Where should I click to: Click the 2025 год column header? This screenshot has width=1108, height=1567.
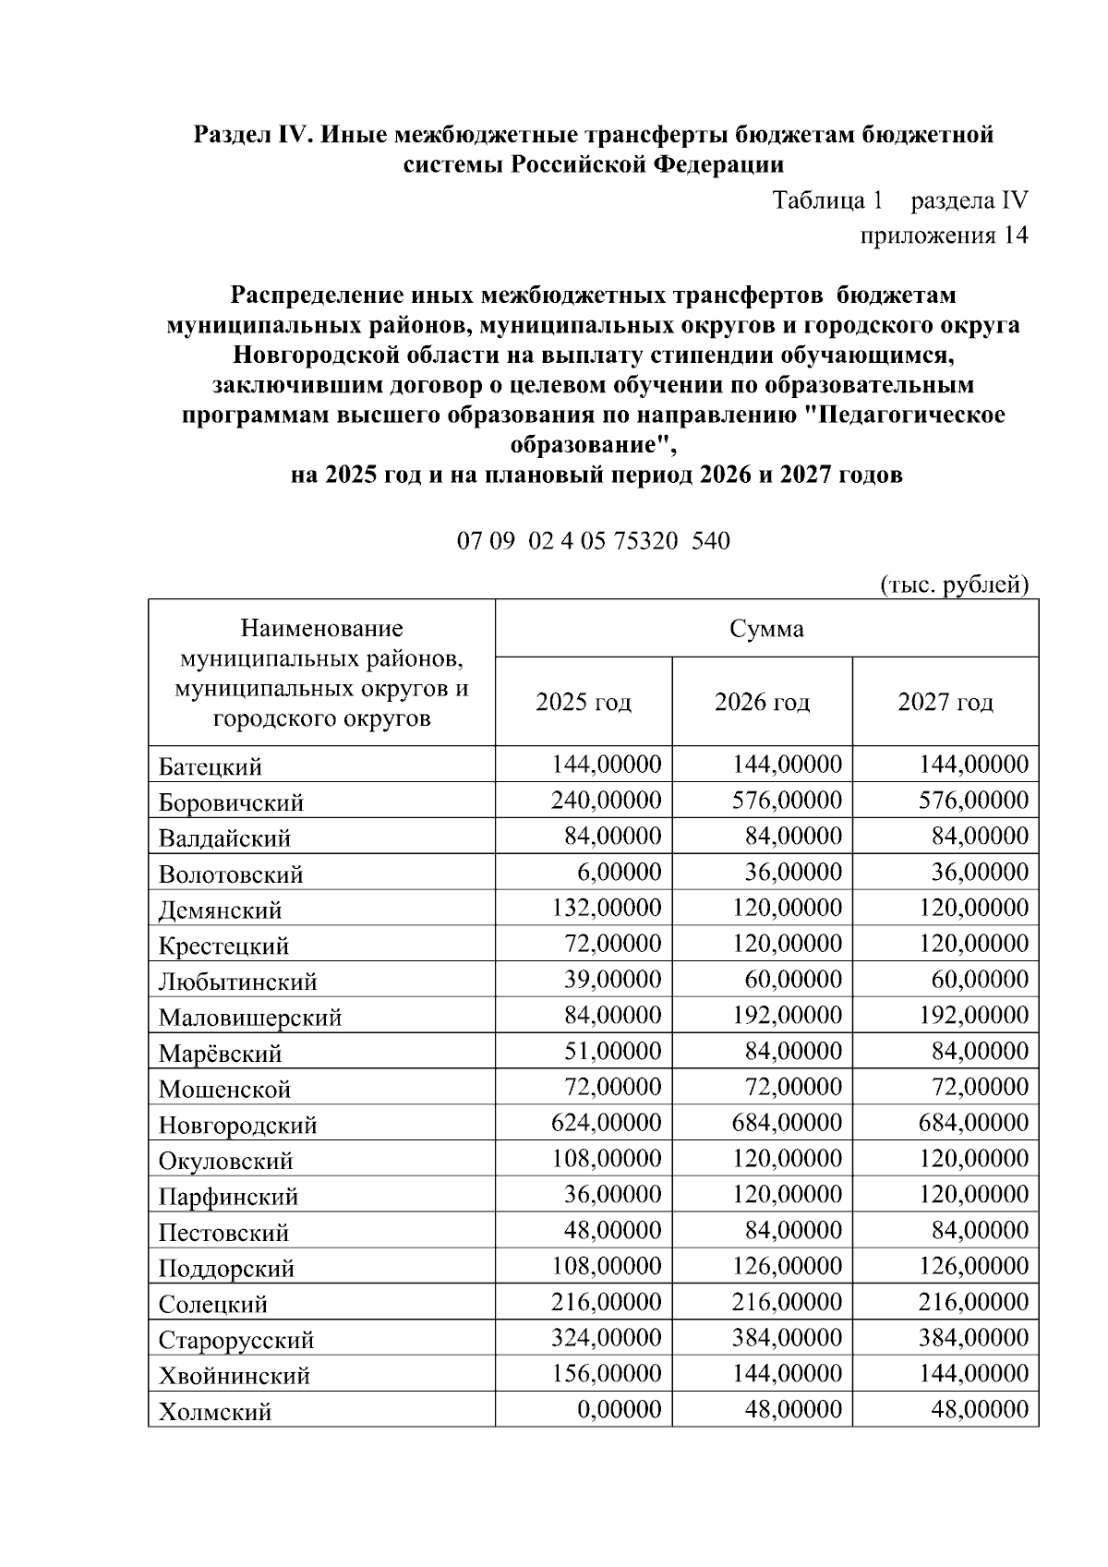[x=584, y=703]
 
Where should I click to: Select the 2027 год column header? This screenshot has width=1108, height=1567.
[x=945, y=703]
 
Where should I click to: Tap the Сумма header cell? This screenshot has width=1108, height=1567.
[x=766, y=630]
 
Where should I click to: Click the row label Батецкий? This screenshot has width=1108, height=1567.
[x=211, y=766]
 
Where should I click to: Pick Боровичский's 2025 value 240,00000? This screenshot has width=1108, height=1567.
[x=607, y=800]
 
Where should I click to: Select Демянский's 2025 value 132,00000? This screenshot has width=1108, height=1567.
[x=607, y=908]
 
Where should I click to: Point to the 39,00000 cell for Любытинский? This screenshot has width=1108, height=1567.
[x=611, y=979]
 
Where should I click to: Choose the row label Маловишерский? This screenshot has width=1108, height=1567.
[x=250, y=1018]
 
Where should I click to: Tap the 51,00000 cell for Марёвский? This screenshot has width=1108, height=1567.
[x=611, y=1051]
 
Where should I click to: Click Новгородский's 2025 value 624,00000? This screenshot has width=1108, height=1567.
[x=607, y=1123]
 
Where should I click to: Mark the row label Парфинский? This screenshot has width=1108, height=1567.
[x=228, y=1197]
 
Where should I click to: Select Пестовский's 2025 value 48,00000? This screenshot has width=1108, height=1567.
[x=611, y=1230]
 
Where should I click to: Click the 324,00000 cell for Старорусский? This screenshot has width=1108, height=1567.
[x=607, y=1338]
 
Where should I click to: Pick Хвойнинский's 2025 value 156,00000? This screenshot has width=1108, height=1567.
[x=607, y=1373]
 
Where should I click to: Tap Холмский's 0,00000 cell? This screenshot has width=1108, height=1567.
[x=617, y=1409]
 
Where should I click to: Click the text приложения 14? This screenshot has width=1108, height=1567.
[x=944, y=235]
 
